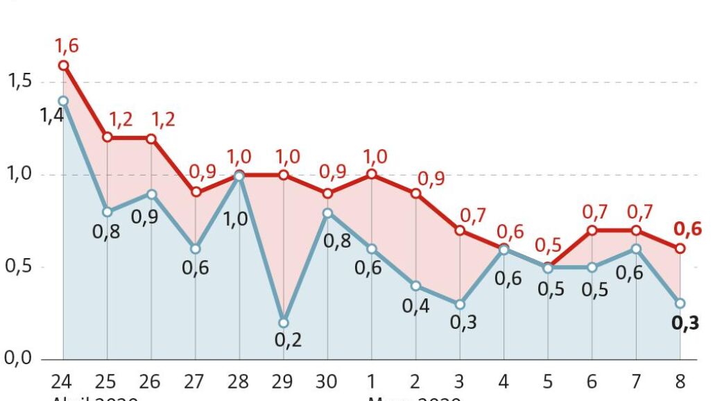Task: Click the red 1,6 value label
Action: click(68, 46)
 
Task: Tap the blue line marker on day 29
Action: click(283, 323)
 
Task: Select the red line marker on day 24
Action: click(63, 65)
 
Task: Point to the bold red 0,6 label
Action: click(687, 229)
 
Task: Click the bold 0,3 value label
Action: click(685, 323)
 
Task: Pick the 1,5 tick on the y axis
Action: click(20, 82)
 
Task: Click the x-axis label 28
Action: click(238, 382)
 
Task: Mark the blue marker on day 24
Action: click(63, 101)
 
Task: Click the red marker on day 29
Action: click(283, 175)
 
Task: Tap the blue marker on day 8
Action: click(680, 303)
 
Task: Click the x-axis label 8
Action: click(680, 382)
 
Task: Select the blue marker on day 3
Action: click(460, 304)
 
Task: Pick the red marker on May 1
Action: click(371, 174)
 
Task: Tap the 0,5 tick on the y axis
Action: click(19, 267)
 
